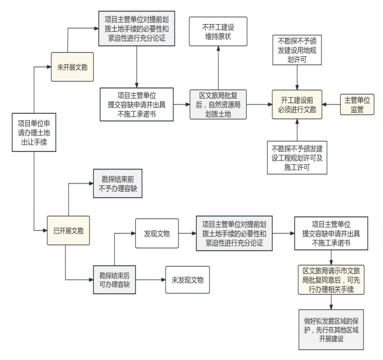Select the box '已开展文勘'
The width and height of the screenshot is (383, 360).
[x=69, y=230]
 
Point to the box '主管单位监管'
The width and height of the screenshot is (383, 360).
[x=357, y=104]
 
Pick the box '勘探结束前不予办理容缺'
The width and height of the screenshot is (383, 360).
[x=117, y=185]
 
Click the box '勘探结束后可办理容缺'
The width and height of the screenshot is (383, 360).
[x=115, y=279]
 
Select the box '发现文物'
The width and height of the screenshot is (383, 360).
[x=156, y=233]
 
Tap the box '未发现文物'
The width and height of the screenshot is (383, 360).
[x=187, y=279]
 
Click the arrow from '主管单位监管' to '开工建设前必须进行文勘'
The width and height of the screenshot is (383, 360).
[x=332, y=106]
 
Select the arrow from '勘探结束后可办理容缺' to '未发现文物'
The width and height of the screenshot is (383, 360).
[x=151, y=279]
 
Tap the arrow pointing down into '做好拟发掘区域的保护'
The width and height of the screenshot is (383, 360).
[x=331, y=301]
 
